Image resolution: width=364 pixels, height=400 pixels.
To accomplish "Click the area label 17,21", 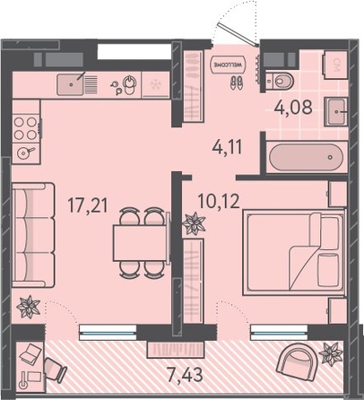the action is [x=87, y=205].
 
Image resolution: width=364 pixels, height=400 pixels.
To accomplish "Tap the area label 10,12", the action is [x=219, y=201].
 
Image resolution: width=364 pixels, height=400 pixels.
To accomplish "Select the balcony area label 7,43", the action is [x=186, y=374].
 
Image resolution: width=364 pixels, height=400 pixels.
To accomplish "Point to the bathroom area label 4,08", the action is [x=293, y=107].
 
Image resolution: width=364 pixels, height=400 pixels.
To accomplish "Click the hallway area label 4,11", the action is [x=227, y=146].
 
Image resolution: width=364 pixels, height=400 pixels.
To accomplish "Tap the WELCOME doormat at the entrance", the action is [x=228, y=65].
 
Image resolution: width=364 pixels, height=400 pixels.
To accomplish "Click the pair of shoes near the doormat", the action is [x=237, y=83].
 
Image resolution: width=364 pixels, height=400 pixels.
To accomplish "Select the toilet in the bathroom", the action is [x=280, y=81].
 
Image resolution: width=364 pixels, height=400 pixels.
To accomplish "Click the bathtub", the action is [x=307, y=157].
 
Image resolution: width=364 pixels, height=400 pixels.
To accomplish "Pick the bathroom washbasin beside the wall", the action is [x=337, y=111].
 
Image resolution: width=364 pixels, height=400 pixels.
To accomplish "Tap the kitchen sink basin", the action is [x=71, y=84].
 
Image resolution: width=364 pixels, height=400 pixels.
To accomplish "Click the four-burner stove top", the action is [x=26, y=128].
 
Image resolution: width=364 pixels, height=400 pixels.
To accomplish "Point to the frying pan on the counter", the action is [x=25, y=152].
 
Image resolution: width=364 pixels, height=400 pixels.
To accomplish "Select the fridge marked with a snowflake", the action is [x=155, y=84].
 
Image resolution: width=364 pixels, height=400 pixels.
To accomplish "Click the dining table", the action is [x=141, y=243].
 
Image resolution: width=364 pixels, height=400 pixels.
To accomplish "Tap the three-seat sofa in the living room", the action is [x=33, y=235].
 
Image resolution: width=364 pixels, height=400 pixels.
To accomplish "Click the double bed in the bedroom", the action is [x=295, y=253].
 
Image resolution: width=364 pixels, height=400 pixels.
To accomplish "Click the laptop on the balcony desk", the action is [x=30, y=352].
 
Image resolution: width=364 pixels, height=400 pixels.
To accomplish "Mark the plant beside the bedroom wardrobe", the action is [x=194, y=223].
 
